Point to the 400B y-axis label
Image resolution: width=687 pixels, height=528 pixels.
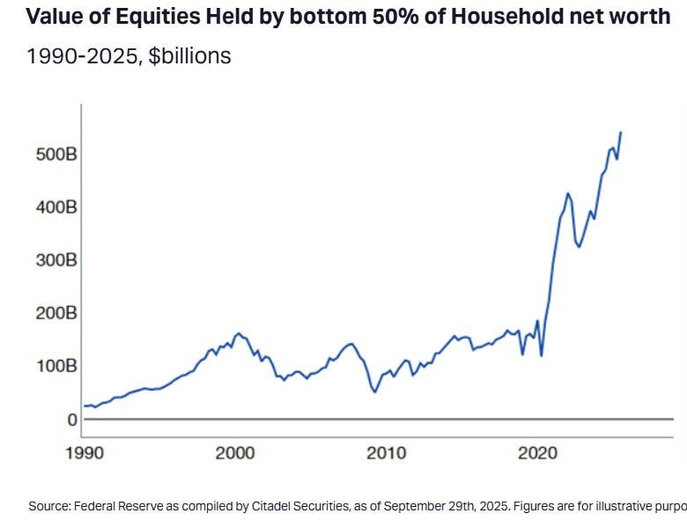[x=42, y=208]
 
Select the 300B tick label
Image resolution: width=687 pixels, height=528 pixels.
[x=42, y=260]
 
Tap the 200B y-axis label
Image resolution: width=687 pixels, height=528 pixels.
[x=42, y=313]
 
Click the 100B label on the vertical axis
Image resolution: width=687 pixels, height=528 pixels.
[x=42, y=366]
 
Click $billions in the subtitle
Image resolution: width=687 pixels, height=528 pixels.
[x=189, y=55]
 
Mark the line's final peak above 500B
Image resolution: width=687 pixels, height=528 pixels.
[x=621, y=132]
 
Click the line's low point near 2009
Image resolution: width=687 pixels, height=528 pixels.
[x=374, y=392]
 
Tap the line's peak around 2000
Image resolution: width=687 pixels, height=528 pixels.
[x=238, y=334]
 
